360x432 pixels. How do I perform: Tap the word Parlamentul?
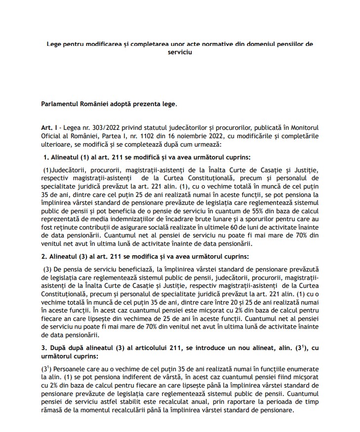61,104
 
